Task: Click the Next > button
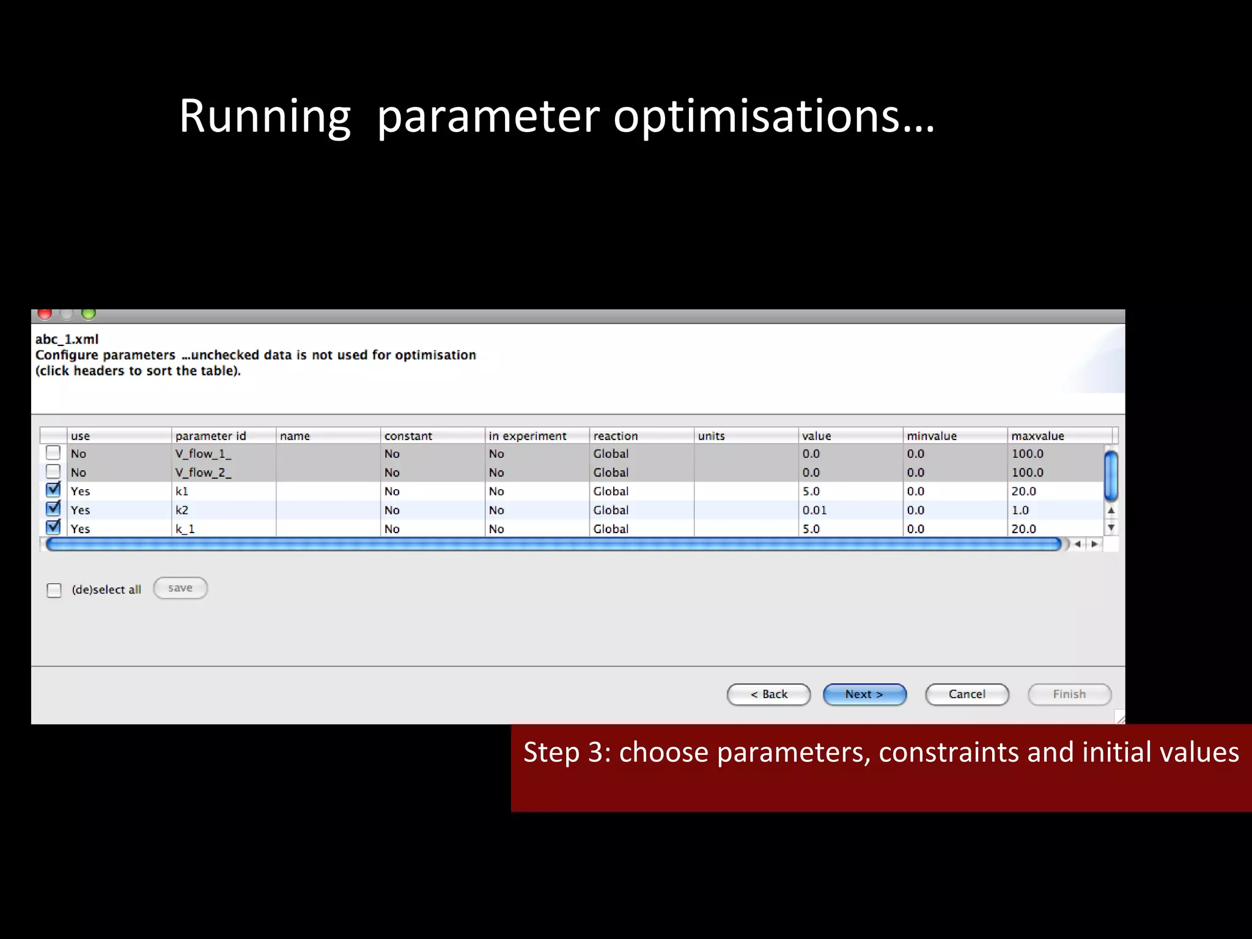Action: coord(864,694)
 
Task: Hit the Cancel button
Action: coord(967,694)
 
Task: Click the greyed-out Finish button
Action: coord(1069,694)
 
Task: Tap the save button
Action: coord(180,588)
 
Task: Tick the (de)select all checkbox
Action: coord(54,590)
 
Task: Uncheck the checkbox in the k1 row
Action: coord(54,490)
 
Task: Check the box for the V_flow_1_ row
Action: coord(54,453)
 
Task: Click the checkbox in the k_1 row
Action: coord(54,528)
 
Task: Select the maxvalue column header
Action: coord(1037,436)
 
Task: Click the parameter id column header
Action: coord(210,436)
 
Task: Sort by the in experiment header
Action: coord(528,436)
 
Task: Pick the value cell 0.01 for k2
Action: coord(814,510)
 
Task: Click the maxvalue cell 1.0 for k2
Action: coord(1020,510)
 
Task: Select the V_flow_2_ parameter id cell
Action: coord(203,473)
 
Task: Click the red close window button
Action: coord(45,314)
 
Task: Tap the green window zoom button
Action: coord(89,314)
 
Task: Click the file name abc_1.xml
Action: coord(67,339)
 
